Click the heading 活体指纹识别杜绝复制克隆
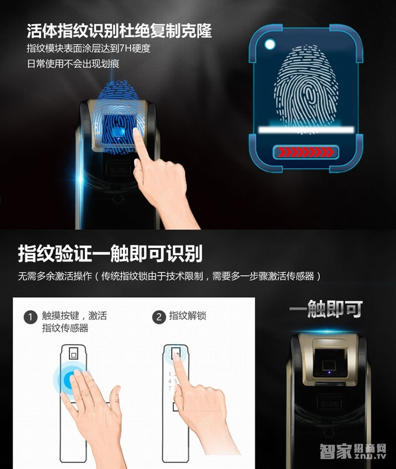pyautogui.click(x=119, y=31)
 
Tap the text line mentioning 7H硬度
pyautogui.click(x=88, y=49)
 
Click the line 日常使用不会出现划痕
pyautogui.click(x=73, y=64)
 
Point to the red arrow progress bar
pyautogui.click(x=305, y=151)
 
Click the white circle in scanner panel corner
pyautogui.click(x=270, y=45)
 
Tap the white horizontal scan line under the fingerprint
pyautogui.click(x=306, y=129)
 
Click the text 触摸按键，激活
pyautogui.click(x=74, y=316)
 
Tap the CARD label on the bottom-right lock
pyautogui.click(x=327, y=404)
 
